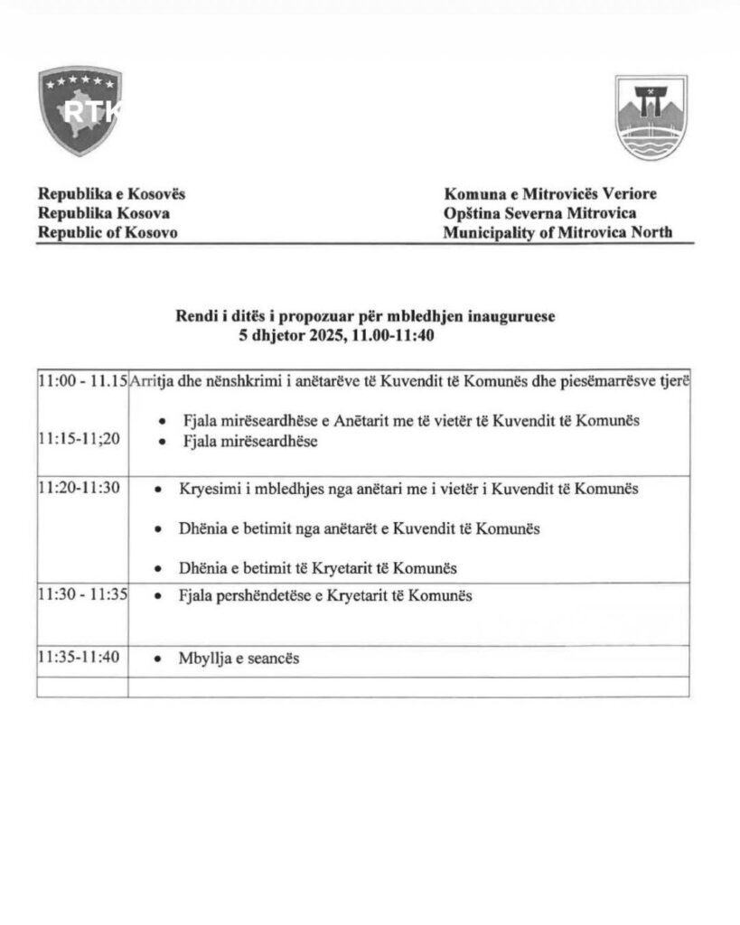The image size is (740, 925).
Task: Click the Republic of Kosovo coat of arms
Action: (x=80, y=111)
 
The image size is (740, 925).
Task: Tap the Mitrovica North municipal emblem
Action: (x=651, y=117)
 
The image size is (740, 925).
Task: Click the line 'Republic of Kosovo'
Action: (x=108, y=232)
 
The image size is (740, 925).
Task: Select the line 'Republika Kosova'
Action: (x=103, y=213)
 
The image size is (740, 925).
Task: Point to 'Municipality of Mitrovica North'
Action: (x=557, y=232)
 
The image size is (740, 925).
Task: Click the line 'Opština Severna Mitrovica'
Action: (x=539, y=213)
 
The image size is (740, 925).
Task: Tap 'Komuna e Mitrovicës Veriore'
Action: (x=549, y=194)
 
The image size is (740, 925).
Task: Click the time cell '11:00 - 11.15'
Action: (x=82, y=381)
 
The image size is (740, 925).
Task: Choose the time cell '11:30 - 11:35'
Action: (x=82, y=596)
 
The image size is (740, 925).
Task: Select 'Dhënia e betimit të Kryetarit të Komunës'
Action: (x=316, y=568)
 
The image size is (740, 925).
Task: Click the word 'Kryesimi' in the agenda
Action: (x=206, y=489)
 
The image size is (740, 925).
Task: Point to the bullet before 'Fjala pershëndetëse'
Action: (x=159, y=597)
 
